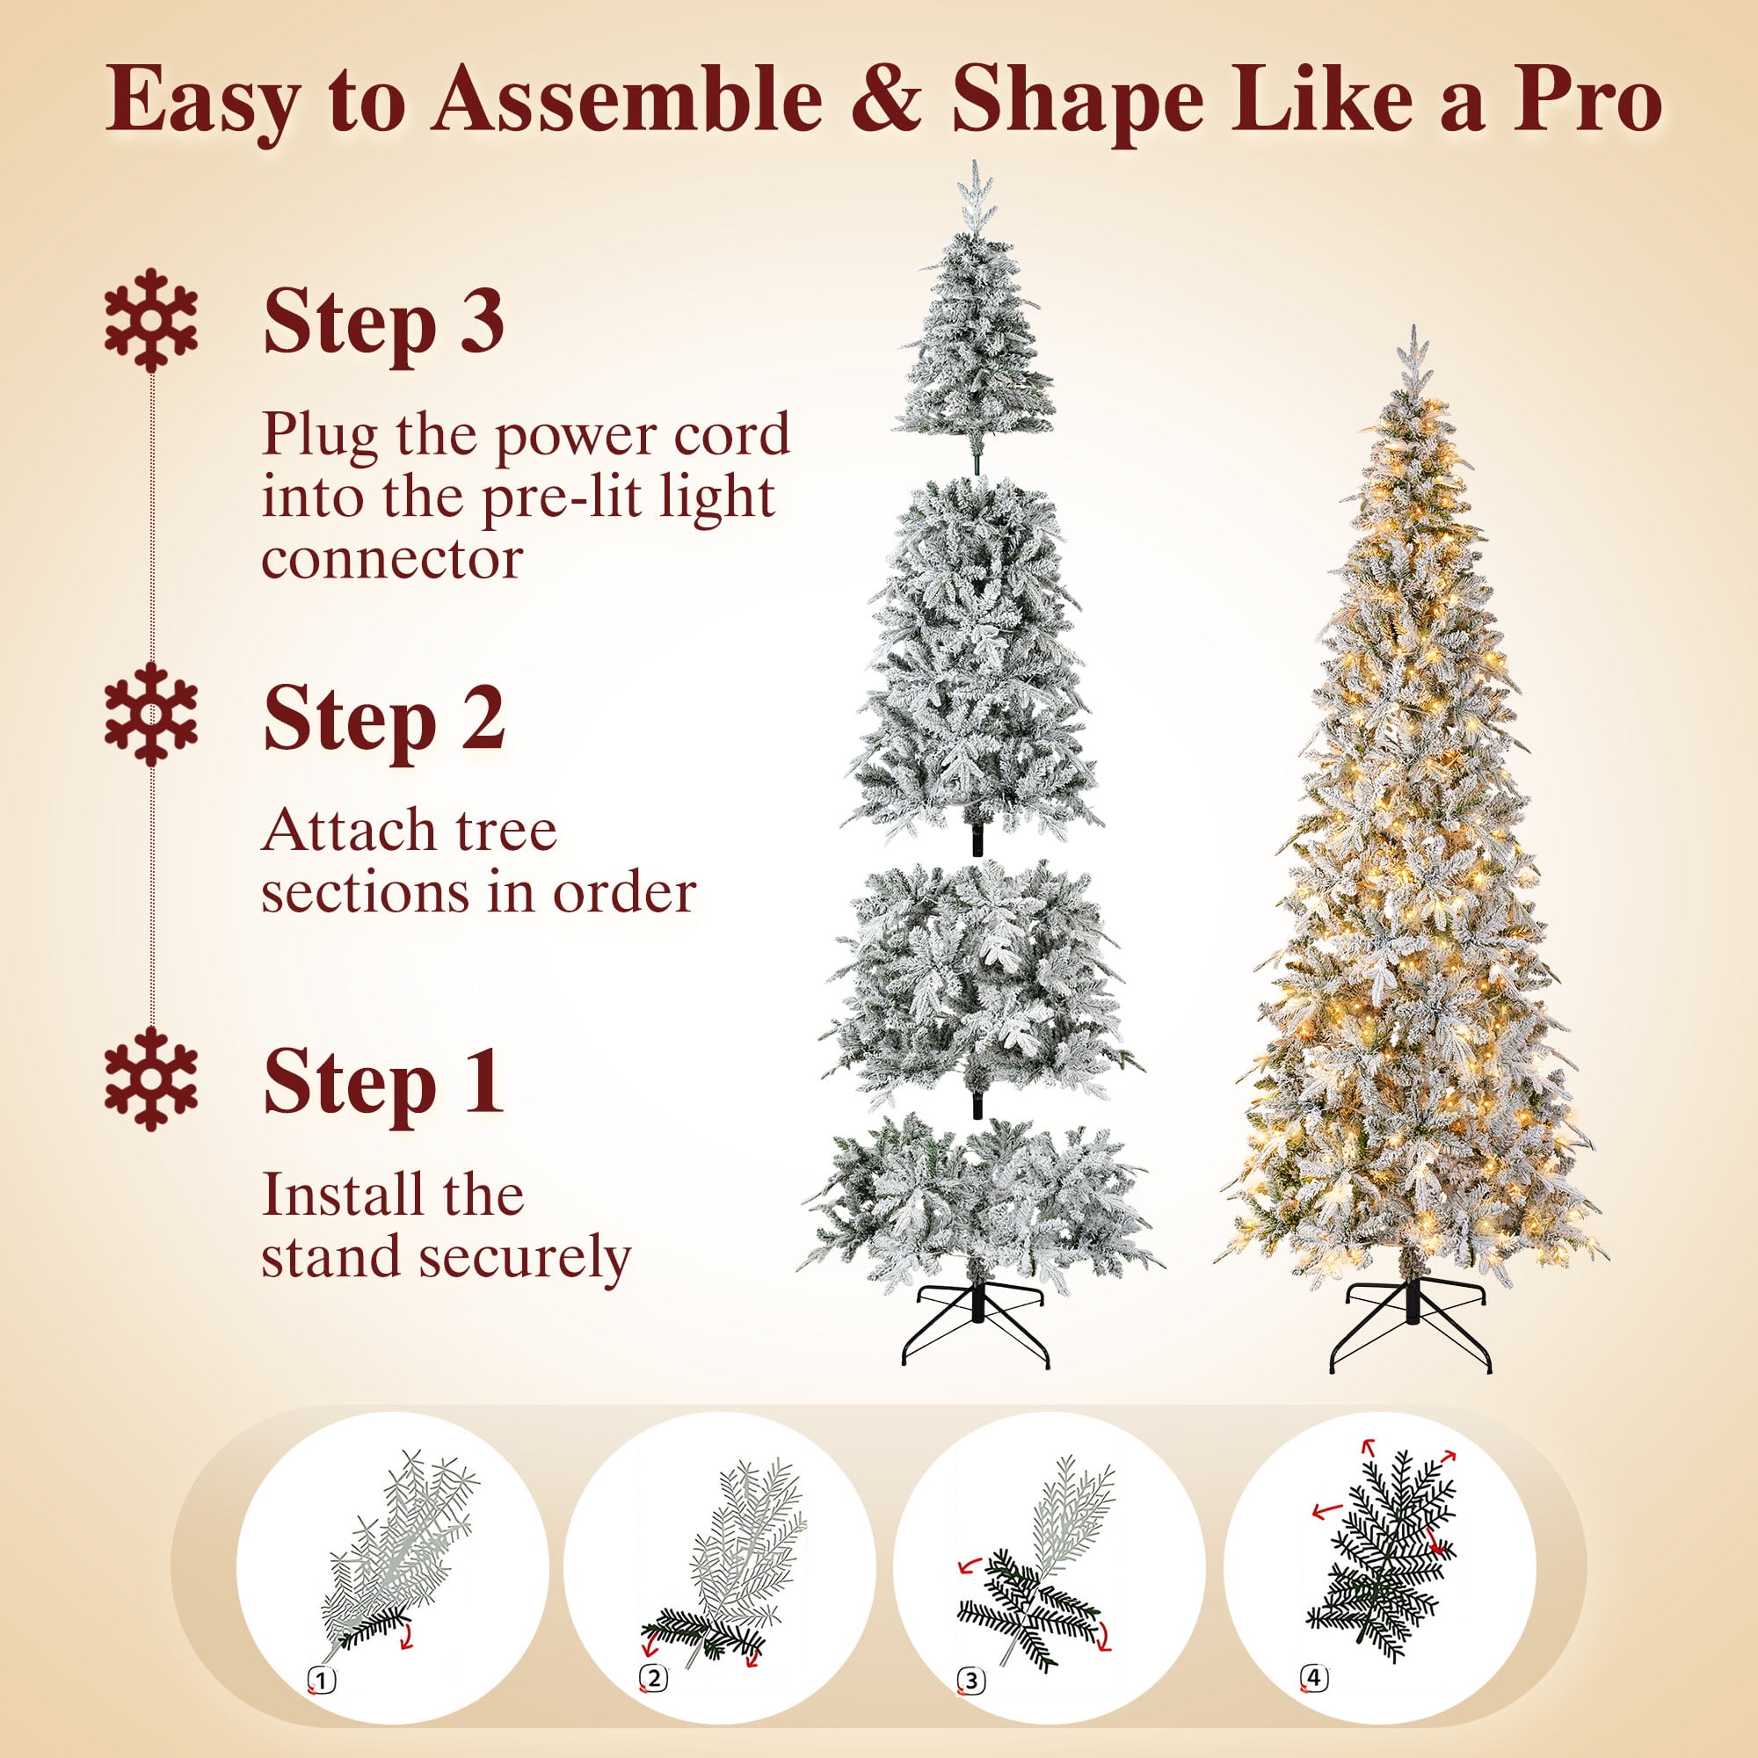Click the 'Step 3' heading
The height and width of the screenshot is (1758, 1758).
pos(383,323)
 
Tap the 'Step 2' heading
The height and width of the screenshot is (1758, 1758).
pos(383,719)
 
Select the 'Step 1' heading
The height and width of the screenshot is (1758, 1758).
pos(383,1082)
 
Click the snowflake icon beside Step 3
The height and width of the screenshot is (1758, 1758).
pos(150,319)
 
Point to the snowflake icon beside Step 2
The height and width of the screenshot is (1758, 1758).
pos(150,715)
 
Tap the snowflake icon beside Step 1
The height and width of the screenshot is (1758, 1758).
pos(150,1079)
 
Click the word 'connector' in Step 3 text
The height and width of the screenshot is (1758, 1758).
pos(392,559)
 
